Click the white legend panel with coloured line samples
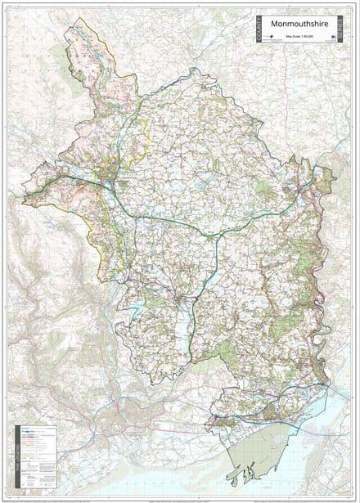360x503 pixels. coord(37,458)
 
